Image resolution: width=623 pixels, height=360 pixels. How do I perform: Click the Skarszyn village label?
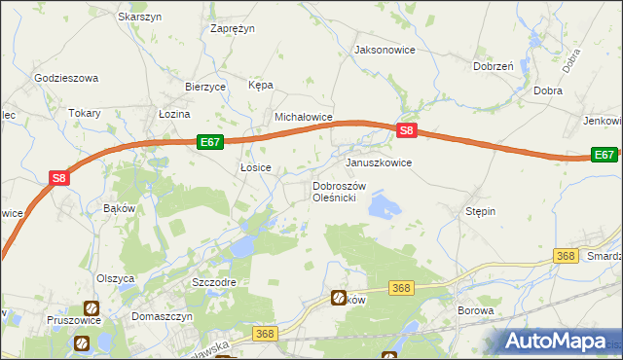pyautogui.click(x=139, y=18)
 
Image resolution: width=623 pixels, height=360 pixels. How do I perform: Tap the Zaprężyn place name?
pyautogui.click(x=233, y=28)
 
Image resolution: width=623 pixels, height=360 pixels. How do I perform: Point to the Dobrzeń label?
pyautogui.click(x=493, y=66)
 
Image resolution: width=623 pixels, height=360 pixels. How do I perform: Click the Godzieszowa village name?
pyautogui.click(x=66, y=78)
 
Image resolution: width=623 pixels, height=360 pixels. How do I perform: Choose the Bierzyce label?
pyautogui.click(x=205, y=87)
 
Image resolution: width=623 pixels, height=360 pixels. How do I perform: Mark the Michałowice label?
pyautogui.click(x=304, y=117)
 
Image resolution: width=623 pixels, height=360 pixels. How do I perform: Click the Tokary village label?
pyautogui.click(x=85, y=113)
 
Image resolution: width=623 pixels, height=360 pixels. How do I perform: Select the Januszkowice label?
pyautogui.click(x=379, y=162)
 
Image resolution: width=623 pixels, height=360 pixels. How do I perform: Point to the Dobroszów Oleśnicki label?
pyautogui.click(x=338, y=192)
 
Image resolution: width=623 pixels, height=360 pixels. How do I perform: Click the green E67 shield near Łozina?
pyautogui.click(x=210, y=142)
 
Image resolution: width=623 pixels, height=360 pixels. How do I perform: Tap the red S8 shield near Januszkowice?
pyautogui.click(x=408, y=130)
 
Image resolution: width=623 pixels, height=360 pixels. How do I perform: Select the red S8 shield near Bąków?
pyautogui.click(x=59, y=178)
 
